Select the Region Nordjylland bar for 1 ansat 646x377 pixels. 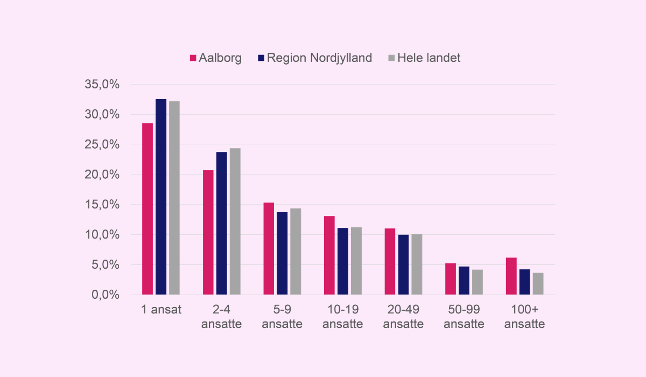point(161,197)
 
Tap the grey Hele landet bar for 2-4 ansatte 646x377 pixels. point(235,221)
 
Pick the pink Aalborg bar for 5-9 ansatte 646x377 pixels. point(269,249)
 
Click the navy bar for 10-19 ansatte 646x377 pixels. point(342,261)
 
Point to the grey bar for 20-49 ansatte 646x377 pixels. point(417,264)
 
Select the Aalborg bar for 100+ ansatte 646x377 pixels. point(511,276)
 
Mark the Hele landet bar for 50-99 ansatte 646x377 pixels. point(477,282)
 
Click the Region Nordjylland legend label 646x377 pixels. point(319,58)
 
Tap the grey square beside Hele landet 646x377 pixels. point(391,58)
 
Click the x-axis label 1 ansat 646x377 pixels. point(161,310)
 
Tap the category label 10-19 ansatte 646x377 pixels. point(342,317)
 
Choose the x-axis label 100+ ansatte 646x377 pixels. point(524,317)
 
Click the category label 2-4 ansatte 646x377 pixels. point(221,317)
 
